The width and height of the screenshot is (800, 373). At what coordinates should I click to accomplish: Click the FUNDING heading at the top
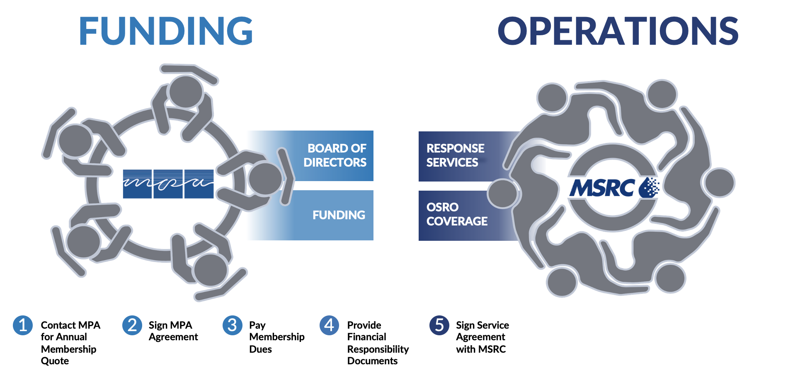pyautogui.click(x=166, y=31)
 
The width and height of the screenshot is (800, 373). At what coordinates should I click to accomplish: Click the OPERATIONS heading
pyautogui.click(x=618, y=31)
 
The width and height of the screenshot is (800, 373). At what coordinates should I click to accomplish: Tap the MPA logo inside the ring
pyautogui.click(x=168, y=184)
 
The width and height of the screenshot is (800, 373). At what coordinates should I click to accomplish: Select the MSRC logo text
pyautogui.click(x=602, y=188)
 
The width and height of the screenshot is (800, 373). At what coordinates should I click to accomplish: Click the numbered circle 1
pyautogui.click(x=23, y=325)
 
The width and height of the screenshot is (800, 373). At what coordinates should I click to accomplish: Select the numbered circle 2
pyautogui.click(x=132, y=325)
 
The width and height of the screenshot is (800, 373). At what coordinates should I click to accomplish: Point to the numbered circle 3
pyautogui.click(x=233, y=325)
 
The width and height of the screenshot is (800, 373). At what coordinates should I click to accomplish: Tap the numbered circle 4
pyautogui.click(x=330, y=325)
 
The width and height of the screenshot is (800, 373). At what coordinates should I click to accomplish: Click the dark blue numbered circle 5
pyautogui.click(x=439, y=325)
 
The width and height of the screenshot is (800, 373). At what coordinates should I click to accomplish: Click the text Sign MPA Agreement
pyautogui.click(x=173, y=331)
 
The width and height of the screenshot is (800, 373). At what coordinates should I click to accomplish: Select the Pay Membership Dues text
pyautogui.click(x=276, y=337)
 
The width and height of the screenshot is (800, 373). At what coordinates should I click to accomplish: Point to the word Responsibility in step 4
pyautogui.click(x=378, y=349)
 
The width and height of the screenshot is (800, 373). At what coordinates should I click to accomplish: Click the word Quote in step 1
pyautogui.click(x=55, y=361)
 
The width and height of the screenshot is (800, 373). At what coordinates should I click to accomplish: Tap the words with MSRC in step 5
pyautogui.click(x=481, y=349)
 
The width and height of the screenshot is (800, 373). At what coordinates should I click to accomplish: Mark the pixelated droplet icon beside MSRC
pyautogui.click(x=649, y=188)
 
